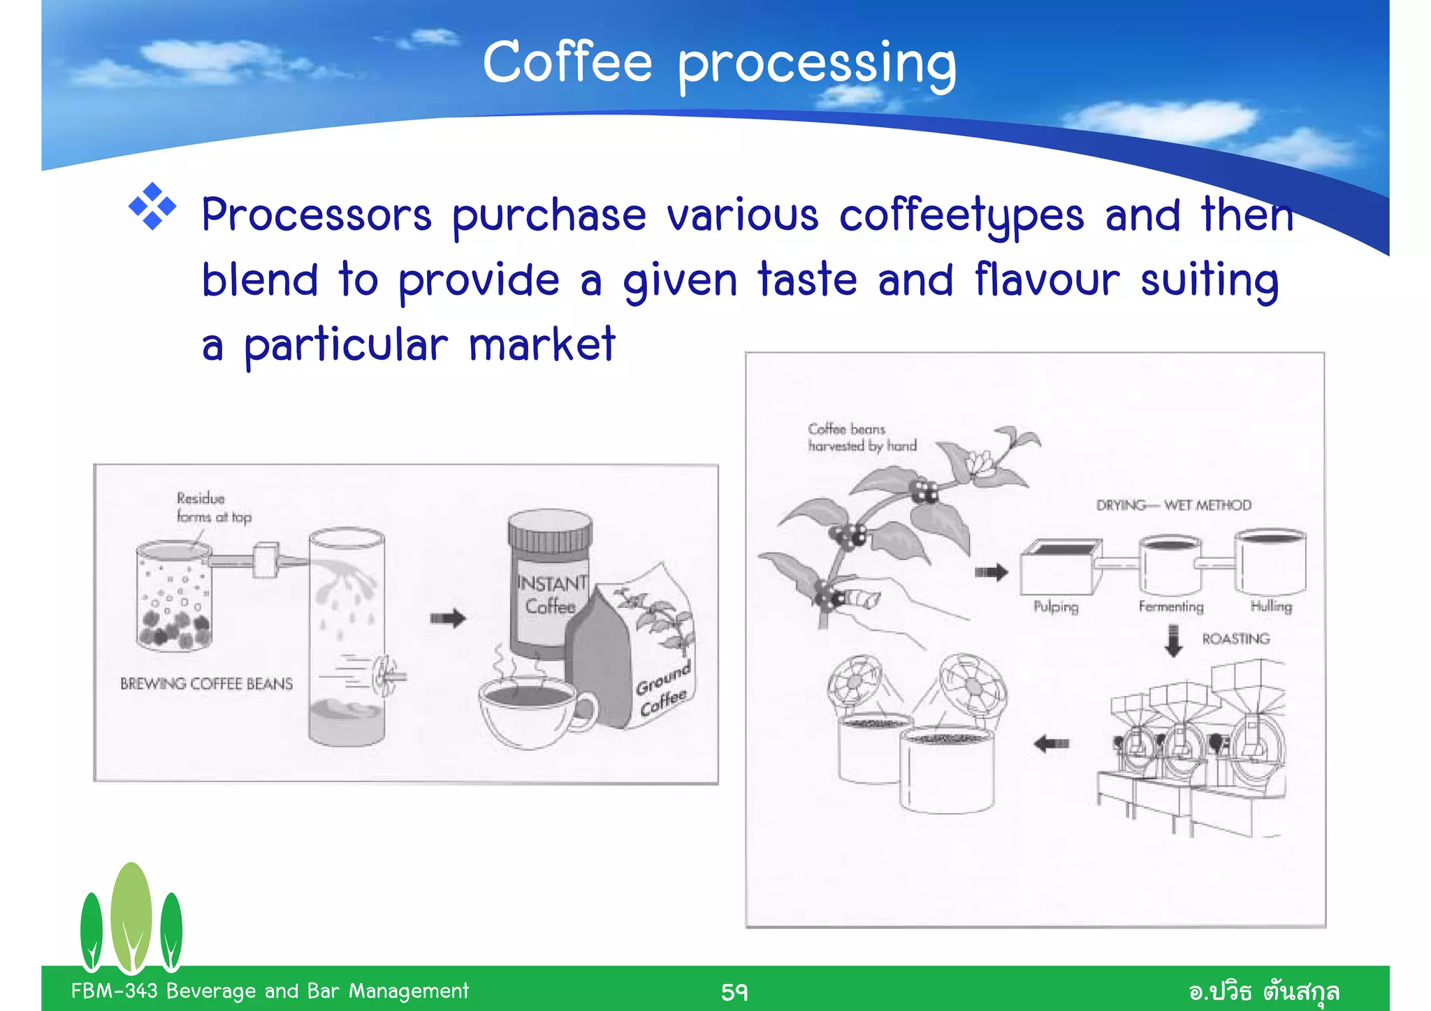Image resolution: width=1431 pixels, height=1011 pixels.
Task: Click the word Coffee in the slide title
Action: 567,63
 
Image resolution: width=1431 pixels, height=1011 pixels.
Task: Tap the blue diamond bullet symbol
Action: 152,207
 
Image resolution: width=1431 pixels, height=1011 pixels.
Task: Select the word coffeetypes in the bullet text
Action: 961,215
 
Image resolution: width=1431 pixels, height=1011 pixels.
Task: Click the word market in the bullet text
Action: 542,344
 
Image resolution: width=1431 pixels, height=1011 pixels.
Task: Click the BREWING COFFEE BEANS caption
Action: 206,684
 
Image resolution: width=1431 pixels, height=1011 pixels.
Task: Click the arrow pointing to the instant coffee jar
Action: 448,618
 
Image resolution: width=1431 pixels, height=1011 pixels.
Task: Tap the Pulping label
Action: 1056,606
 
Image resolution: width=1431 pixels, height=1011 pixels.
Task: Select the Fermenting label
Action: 1171,606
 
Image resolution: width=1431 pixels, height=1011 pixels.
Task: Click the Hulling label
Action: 1271,606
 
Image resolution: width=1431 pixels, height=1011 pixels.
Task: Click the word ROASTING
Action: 1235,639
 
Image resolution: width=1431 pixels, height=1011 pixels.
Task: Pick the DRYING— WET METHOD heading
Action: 1173,505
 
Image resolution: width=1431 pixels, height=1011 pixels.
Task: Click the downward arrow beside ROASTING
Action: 1174,641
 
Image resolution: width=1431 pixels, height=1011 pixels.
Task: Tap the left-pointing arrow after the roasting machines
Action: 1051,743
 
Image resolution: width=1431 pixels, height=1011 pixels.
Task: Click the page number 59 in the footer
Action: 734,991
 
